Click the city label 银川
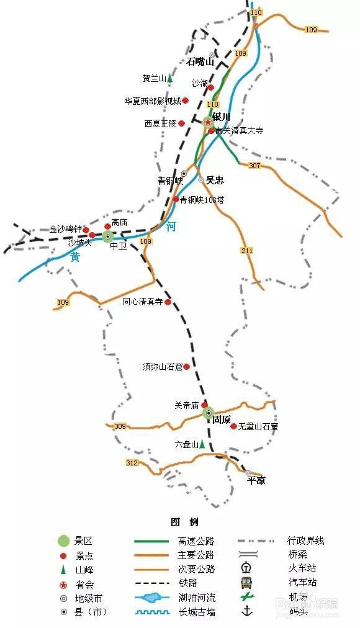tap(222, 116)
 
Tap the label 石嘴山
tap(200, 61)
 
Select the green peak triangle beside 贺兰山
tap(169, 78)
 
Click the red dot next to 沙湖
tap(210, 87)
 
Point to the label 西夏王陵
tap(160, 123)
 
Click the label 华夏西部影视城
tap(152, 101)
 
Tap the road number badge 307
tap(254, 166)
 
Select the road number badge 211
tap(246, 250)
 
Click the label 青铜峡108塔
tap(202, 200)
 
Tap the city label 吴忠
tap(215, 180)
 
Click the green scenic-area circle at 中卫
tap(108, 236)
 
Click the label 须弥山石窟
tap(162, 367)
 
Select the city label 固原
tap(222, 419)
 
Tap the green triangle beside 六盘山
tap(202, 444)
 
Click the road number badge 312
tap(132, 463)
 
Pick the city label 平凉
tap(256, 480)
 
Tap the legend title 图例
tap(184, 521)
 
